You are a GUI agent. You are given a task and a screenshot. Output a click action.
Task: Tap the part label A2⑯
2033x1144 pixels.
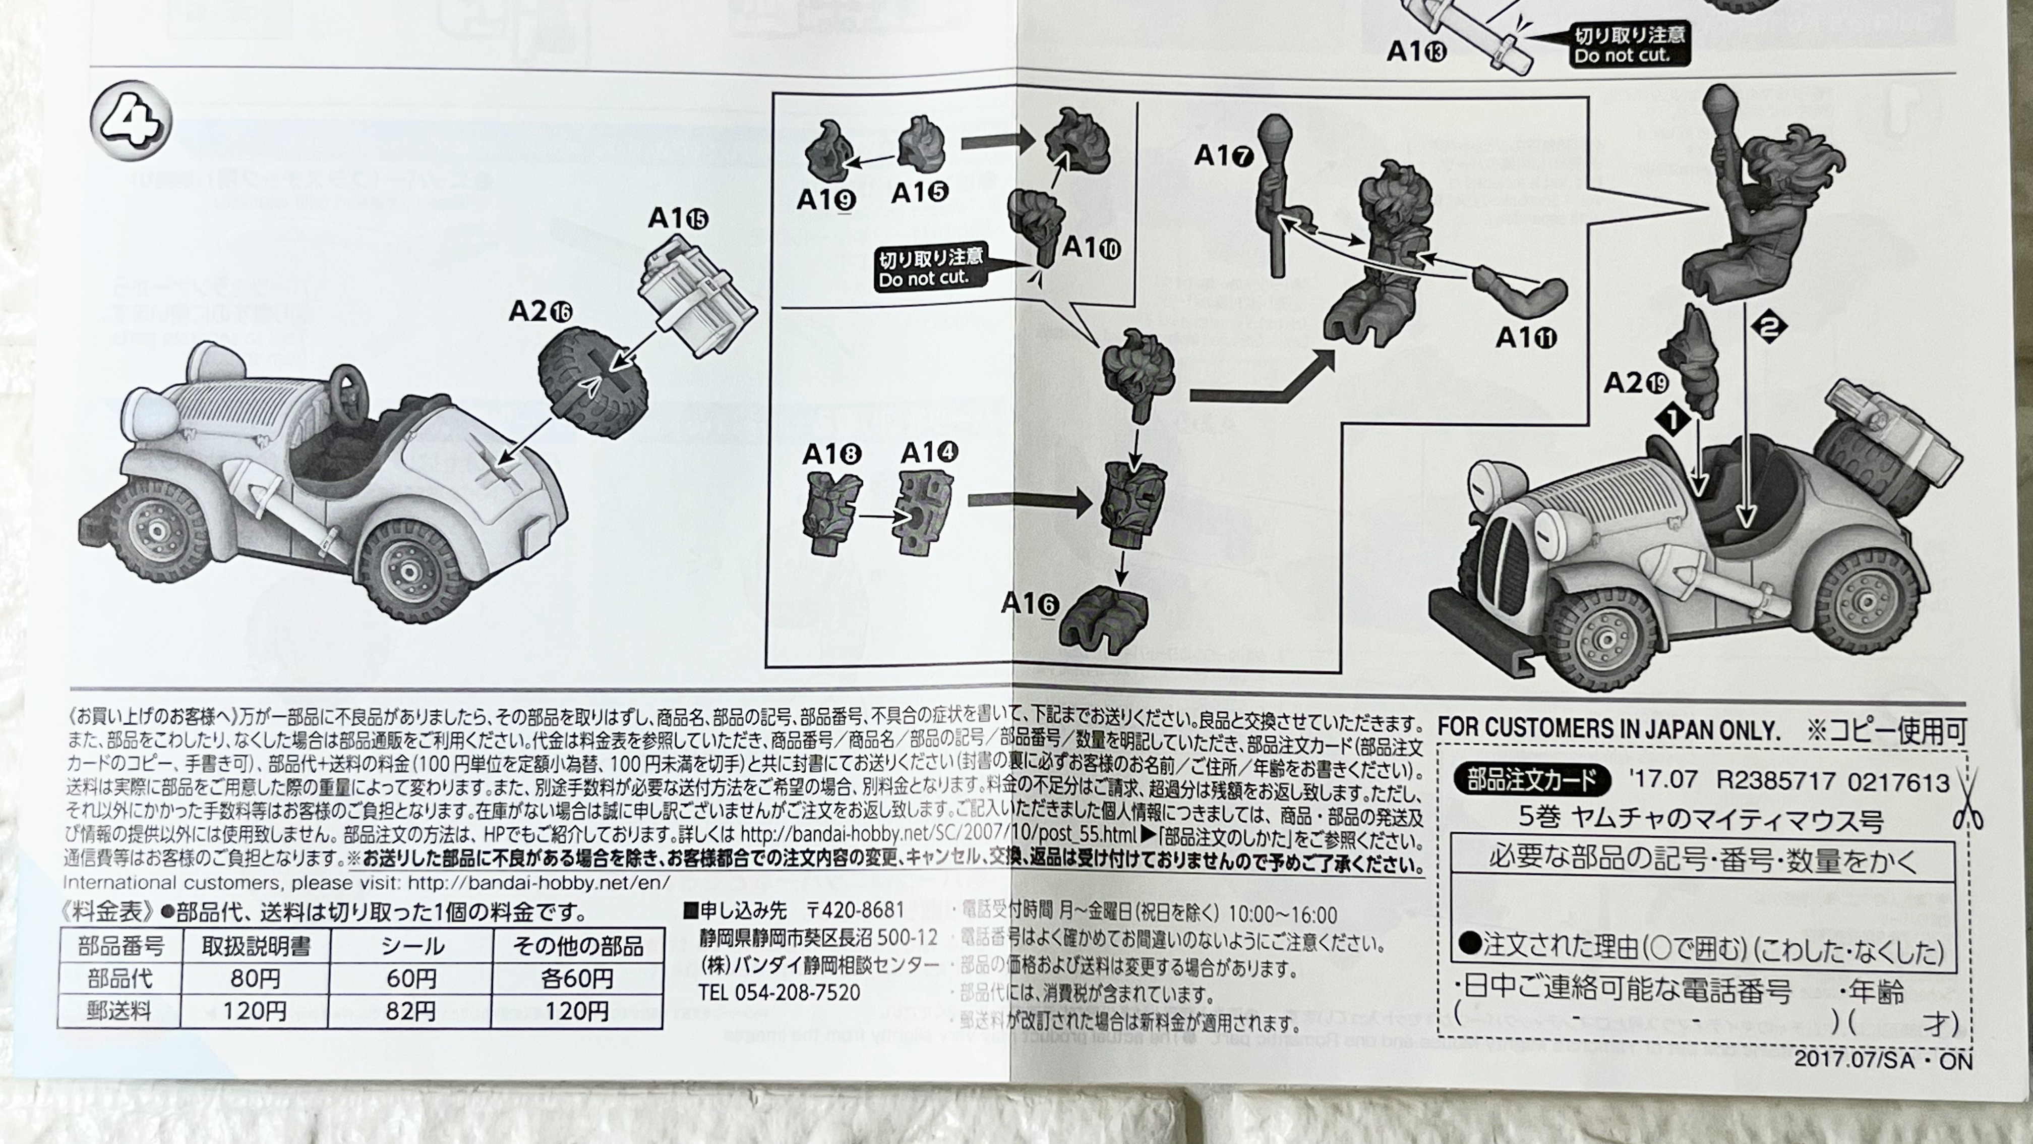pos(541,312)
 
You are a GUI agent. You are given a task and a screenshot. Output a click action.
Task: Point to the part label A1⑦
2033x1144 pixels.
pos(1223,155)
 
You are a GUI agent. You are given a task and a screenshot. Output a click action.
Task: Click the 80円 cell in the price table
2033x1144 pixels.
pos(255,979)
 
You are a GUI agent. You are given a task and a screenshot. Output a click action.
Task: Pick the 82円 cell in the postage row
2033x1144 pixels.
pos(410,1011)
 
